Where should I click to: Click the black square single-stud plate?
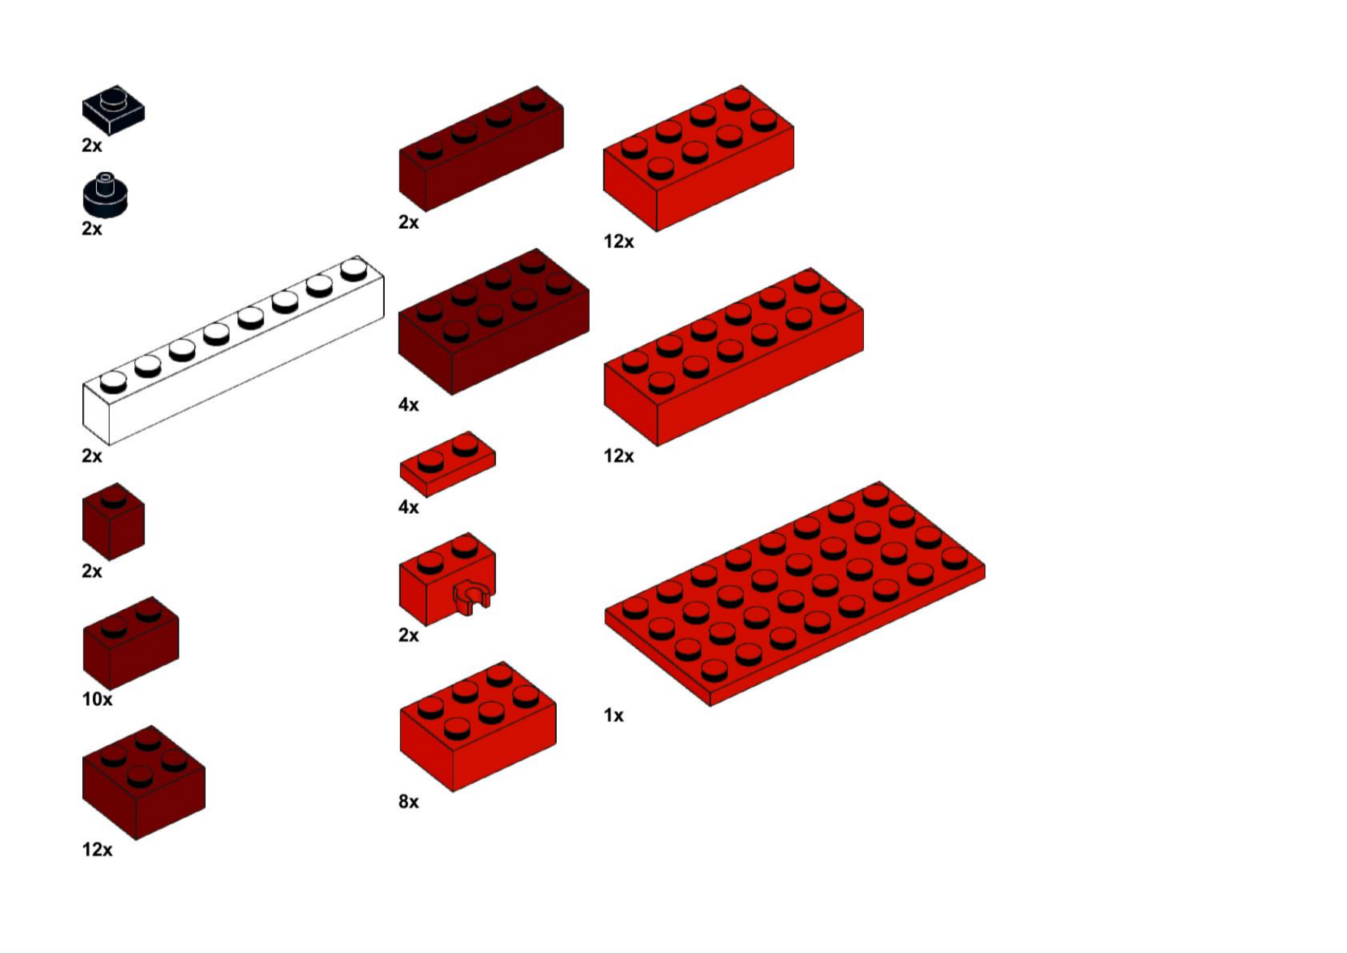(113, 110)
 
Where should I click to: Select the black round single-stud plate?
(105, 195)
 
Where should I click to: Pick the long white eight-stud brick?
(233, 350)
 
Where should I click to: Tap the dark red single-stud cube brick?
(113, 522)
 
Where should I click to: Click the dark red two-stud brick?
(131, 644)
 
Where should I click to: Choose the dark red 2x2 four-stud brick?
(144, 783)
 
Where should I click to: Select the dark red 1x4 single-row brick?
(481, 148)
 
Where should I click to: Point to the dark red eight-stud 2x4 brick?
(494, 322)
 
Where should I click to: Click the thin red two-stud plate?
(448, 464)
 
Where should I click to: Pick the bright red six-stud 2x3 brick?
(478, 727)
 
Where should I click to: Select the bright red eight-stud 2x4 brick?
(698, 158)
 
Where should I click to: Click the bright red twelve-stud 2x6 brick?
(733, 356)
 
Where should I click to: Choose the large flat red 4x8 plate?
(794, 594)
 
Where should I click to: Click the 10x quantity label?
(97, 699)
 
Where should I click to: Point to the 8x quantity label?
(409, 802)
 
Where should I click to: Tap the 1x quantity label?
(613, 715)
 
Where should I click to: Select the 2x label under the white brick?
(91, 456)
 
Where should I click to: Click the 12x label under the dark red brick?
(97, 850)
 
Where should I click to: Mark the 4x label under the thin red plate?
(409, 507)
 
